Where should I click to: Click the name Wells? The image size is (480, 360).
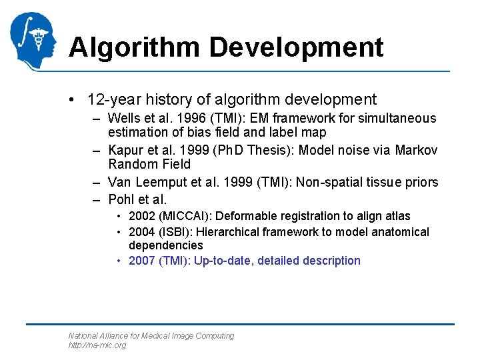(x=123, y=119)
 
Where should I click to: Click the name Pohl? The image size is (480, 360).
(x=120, y=199)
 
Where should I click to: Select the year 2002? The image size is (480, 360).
(x=141, y=216)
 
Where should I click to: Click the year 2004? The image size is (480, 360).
(x=141, y=232)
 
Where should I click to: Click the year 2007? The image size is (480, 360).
(x=141, y=261)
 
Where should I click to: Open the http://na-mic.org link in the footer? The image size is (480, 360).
(x=97, y=345)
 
